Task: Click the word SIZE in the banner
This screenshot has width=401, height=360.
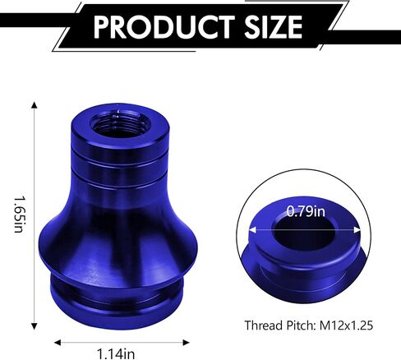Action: [273, 26]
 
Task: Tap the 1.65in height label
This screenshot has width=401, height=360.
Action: [18, 214]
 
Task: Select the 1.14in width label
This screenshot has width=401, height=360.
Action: [116, 353]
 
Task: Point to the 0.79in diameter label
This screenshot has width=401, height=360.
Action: [306, 212]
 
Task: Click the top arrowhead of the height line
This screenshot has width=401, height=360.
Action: [35, 105]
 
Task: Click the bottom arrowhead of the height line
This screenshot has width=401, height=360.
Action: [35, 326]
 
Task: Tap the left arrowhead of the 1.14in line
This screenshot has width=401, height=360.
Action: [58, 343]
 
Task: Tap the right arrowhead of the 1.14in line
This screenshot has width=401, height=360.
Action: [187, 343]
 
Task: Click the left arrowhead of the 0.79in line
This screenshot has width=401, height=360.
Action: [252, 230]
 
